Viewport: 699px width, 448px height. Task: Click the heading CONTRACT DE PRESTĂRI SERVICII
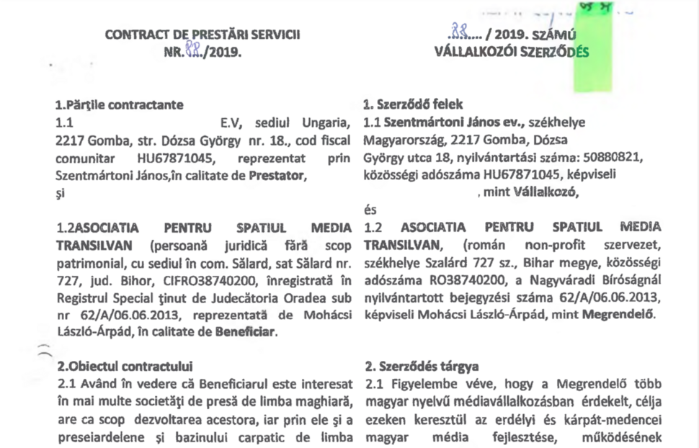tap(202, 35)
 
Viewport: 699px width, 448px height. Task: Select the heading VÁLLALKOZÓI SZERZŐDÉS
tap(512, 52)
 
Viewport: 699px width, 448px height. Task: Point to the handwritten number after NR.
tap(191, 52)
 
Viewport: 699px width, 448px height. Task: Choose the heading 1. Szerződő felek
tap(414, 105)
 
